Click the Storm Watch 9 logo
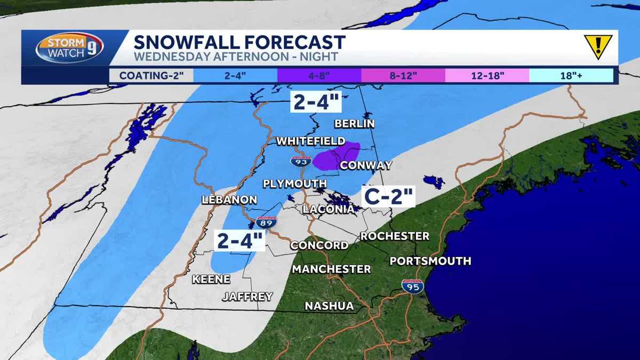[69, 48]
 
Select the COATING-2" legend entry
[151, 76]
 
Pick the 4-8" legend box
[319, 76]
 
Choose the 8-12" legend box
[403, 76]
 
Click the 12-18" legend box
[487, 76]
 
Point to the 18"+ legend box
[571, 76]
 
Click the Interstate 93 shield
[301, 161]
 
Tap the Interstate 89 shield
[266, 222]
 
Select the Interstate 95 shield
[412, 286]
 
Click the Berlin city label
[354, 124]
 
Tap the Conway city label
[366, 165]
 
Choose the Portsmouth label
[430, 261]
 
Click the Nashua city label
[329, 306]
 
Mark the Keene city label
[211, 279]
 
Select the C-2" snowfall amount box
[389, 196]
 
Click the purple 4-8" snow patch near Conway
[336, 156]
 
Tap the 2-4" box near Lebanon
[240, 241]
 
